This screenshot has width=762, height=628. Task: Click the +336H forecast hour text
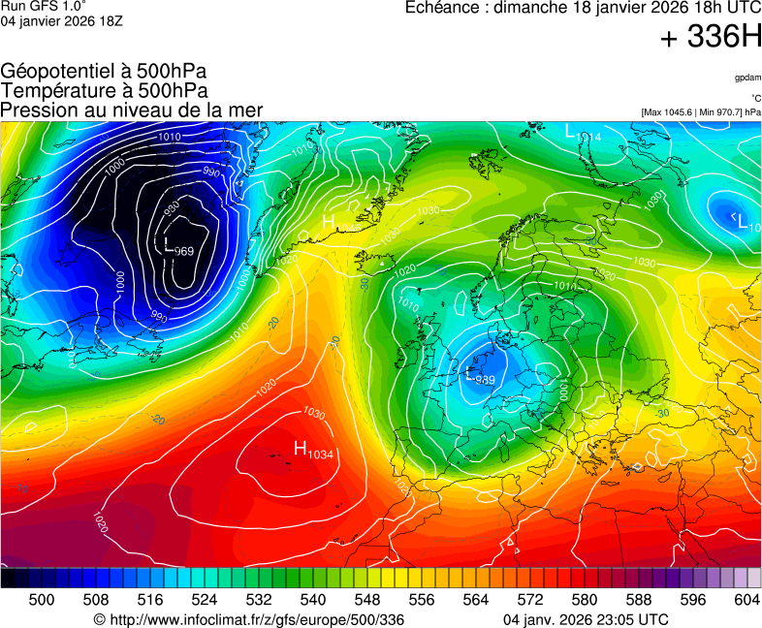pyautogui.click(x=711, y=38)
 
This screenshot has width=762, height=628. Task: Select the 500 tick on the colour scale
pyautogui.click(x=42, y=600)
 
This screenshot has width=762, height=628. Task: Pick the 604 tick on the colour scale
pyautogui.click(x=746, y=600)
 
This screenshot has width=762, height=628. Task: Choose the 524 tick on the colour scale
pyautogui.click(x=205, y=600)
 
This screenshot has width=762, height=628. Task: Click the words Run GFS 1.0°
pyautogui.click(x=44, y=7)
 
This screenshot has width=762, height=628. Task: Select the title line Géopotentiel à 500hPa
pyautogui.click(x=104, y=72)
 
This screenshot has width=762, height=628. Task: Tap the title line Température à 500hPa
pyautogui.click(x=105, y=91)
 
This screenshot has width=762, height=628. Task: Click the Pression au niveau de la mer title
pyautogui.click(x=132, y=110)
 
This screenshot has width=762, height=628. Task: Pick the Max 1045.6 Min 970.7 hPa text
pyautogui.click(x=701, y=112)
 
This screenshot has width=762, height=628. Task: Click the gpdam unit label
pyautogui.click(x=747, y=77)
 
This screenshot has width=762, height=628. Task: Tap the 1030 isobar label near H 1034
pyautogui.click(x=314, y=412)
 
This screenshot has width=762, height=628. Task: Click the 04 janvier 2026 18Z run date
pyautogui.click(x=61, y=21)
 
